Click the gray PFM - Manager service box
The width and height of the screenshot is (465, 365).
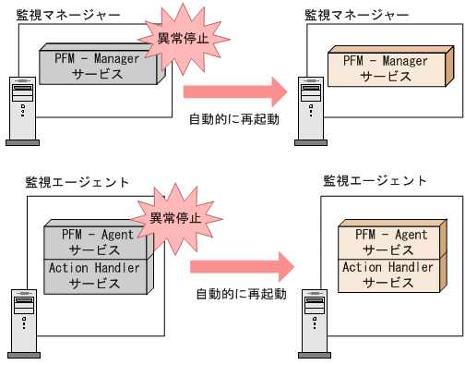(97, 67)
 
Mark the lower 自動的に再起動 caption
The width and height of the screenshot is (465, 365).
(241, 294)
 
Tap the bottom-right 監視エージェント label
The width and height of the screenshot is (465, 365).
(376, 180)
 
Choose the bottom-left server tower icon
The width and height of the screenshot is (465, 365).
(25, 323)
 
